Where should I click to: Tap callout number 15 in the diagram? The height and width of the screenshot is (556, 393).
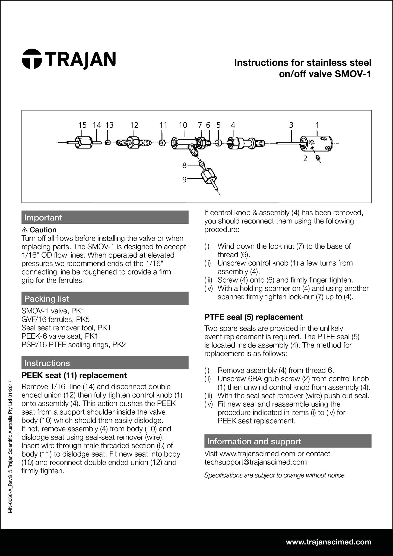pos(83,125)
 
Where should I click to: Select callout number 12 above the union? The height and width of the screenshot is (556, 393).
pos(134,125)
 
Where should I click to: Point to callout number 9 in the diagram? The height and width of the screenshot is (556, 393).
pos(184,180)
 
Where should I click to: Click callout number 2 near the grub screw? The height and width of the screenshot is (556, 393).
pos(305,159)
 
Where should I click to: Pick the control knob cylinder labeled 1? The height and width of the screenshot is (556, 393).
pos(316,143)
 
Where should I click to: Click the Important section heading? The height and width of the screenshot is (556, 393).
pos(43,217)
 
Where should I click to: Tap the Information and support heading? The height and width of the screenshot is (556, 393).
pos(254,441)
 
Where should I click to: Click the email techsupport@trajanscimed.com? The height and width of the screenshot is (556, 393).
pos(255,462)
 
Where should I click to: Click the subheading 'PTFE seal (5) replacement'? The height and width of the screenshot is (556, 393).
pos(253,317)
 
